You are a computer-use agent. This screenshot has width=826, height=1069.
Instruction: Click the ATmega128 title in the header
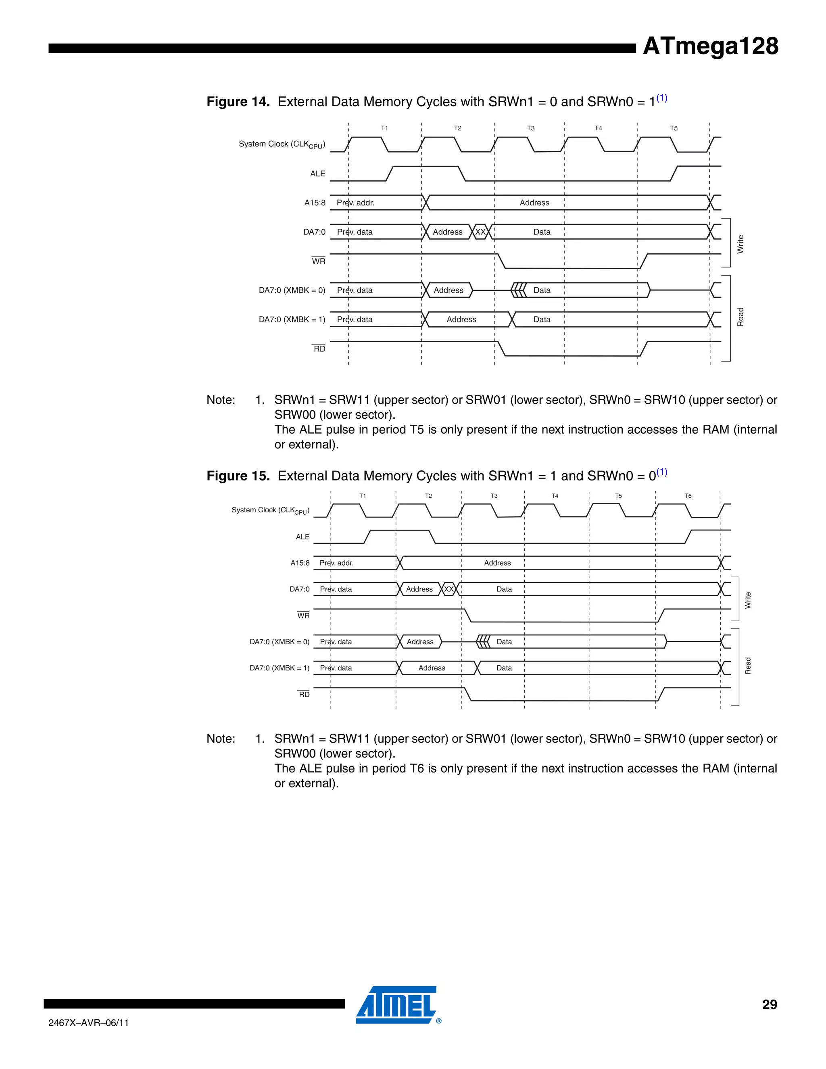point(710,46)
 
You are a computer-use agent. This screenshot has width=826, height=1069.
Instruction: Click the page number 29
point(769,1004)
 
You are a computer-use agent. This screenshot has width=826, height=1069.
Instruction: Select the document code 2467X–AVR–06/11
point(89,1023)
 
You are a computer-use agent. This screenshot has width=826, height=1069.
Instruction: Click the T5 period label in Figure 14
point(674,128)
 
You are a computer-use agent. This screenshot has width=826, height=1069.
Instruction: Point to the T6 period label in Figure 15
point(688,496)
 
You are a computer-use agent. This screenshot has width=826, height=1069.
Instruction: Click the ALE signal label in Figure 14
point(317,174)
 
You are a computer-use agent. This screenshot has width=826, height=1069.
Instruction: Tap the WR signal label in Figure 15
point(303,616)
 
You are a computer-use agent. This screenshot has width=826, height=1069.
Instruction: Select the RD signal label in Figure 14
point(319,349)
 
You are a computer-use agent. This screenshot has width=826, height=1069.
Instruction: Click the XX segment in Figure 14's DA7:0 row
point(480,232)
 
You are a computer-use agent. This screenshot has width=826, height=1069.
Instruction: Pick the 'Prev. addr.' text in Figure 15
point(337,563)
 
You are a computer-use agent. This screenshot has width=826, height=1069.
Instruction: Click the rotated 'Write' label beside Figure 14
point(740,244)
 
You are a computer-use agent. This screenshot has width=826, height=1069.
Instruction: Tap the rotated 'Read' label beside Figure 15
point(748,666)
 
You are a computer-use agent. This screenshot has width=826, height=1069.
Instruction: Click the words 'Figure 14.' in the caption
point(238,102)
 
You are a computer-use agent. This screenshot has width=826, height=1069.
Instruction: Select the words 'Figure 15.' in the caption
point(238,476)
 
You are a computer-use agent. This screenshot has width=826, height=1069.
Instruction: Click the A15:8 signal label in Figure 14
point(315,203)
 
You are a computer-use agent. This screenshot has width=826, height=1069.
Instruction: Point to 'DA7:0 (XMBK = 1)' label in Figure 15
point(280,668)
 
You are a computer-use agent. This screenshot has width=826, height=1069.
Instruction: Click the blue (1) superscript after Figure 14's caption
point(661,98)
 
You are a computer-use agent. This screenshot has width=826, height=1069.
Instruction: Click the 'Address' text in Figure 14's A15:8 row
point(534,203)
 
